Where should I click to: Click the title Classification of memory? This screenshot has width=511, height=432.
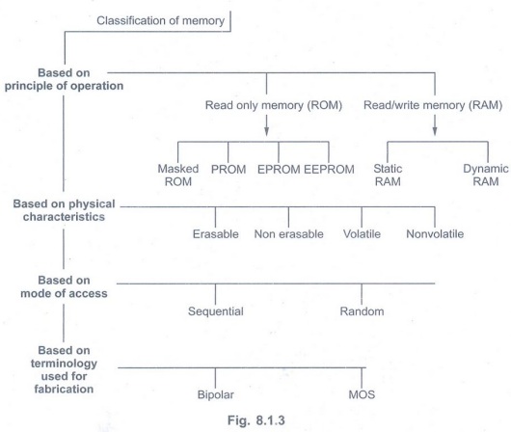[160, 21]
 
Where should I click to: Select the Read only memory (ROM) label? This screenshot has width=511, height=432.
[274, 105]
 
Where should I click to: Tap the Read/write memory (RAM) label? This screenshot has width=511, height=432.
[433, 105]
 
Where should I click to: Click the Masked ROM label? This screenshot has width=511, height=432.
[178, 175]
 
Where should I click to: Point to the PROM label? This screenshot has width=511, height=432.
[229, 169]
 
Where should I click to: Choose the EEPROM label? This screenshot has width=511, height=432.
[329, 169]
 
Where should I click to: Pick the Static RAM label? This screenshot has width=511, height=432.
[388, 175]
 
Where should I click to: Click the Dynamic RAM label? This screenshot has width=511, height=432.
[486, 175]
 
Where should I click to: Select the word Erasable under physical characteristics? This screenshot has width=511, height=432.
[215, 234]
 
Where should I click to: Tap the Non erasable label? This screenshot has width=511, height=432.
[288, 234]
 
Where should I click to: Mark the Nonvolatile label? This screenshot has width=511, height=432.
[435, 234]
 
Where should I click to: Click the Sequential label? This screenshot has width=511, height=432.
[216, 311]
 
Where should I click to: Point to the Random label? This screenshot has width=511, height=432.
[362, 311]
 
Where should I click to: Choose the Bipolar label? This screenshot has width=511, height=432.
[215, 394]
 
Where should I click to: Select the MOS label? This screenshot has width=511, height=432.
[362, 394]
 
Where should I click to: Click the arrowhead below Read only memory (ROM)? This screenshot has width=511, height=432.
[266, 131]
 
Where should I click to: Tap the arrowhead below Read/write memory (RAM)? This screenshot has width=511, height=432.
[435, 131]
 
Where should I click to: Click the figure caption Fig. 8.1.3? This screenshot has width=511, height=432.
[256, 420]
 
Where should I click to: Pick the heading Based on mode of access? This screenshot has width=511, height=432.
[64, 287]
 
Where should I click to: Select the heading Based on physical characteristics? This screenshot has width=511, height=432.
[64, 210]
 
